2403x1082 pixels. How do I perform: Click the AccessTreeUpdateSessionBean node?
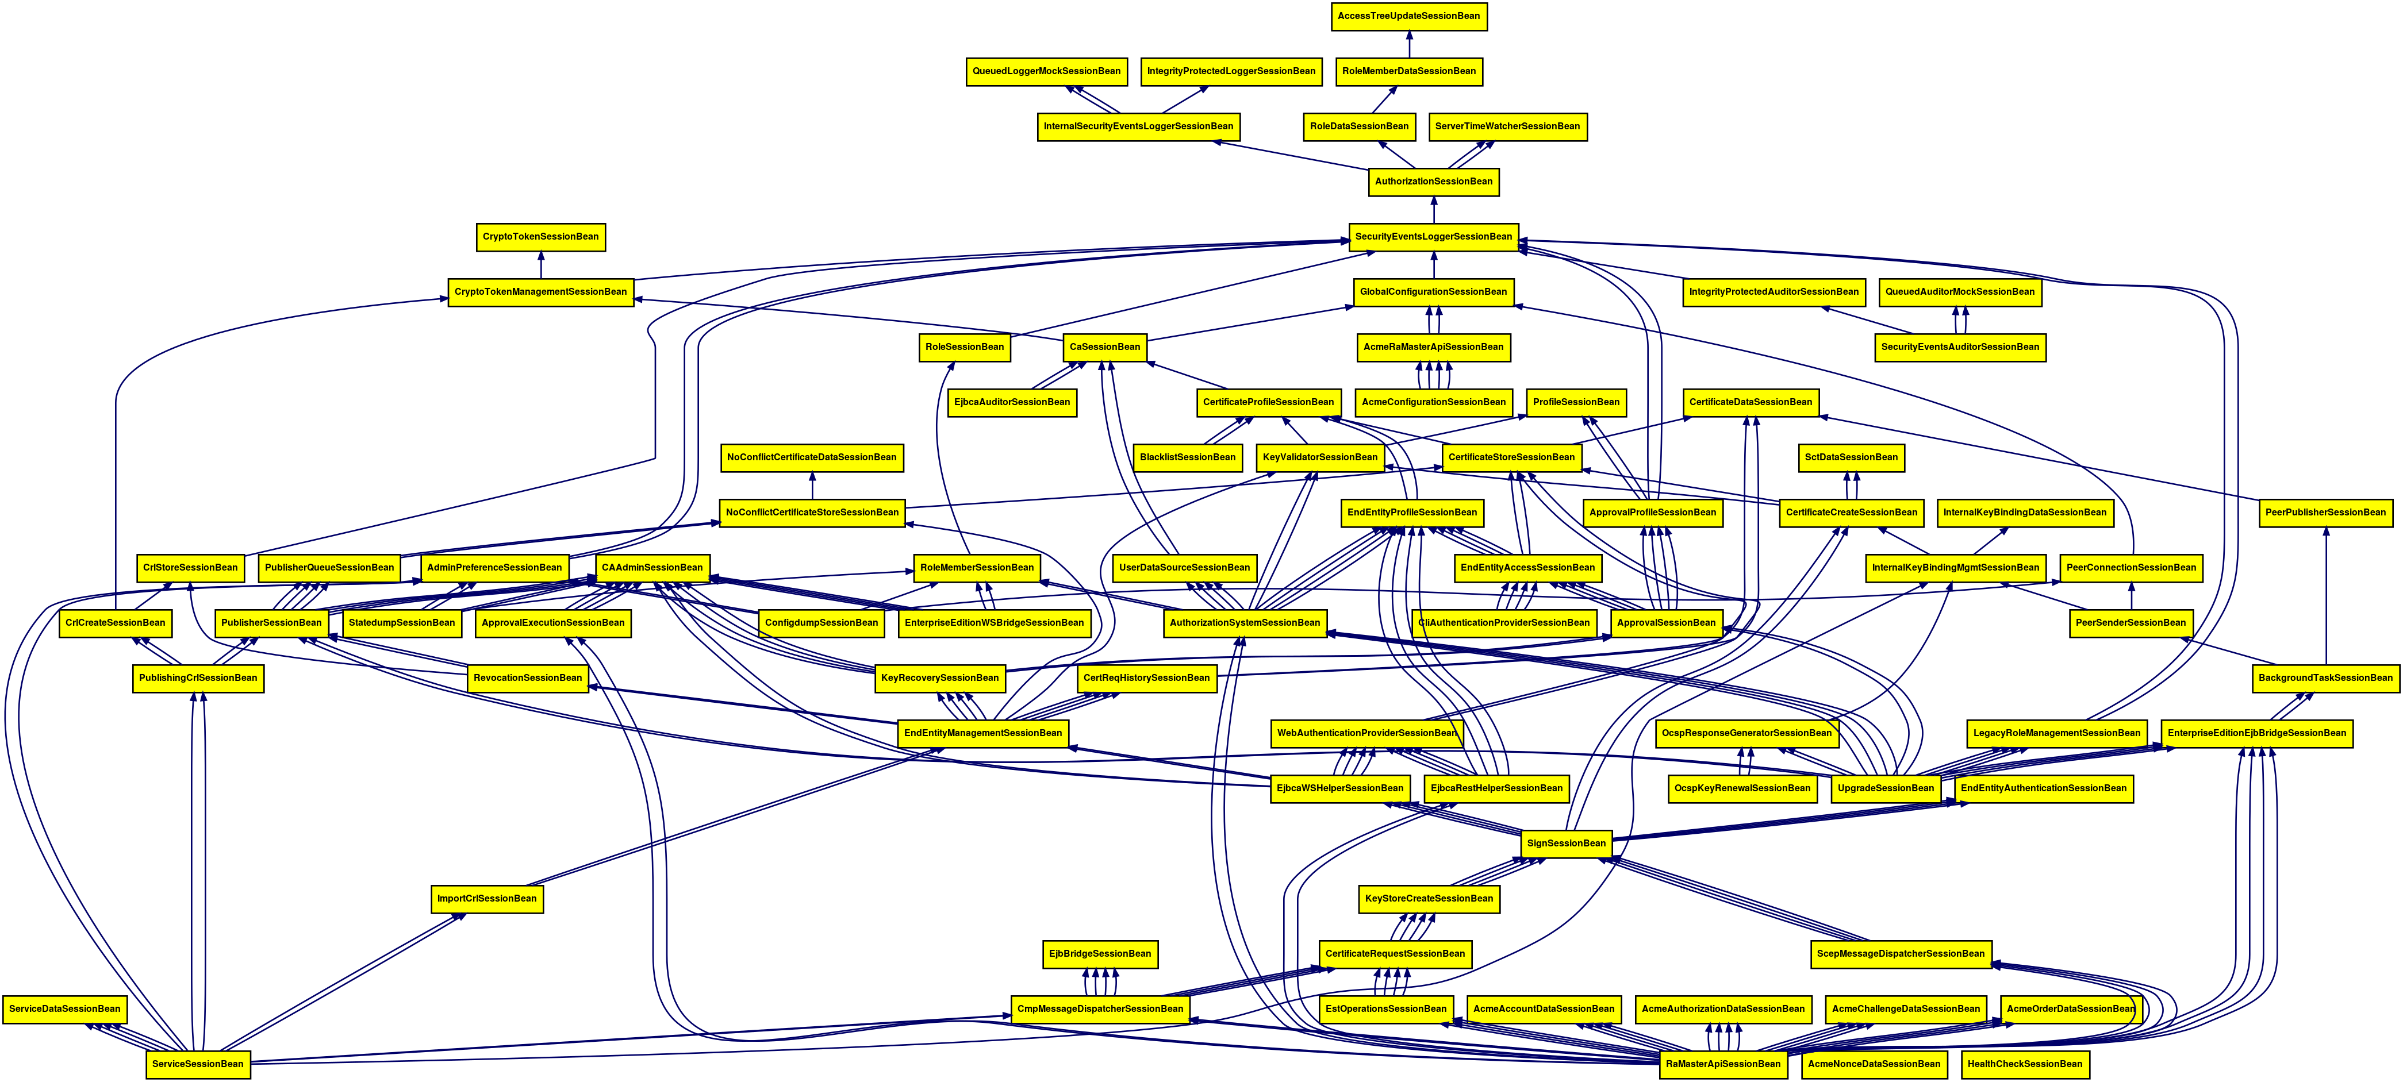coord(1408,16)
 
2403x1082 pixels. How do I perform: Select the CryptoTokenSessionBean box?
coord(540,237)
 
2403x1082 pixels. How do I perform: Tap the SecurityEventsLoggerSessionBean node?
coord(1433,237)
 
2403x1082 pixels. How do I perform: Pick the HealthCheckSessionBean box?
coord(2024,1064)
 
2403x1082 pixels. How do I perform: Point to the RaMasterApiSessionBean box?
coord(1723,1064)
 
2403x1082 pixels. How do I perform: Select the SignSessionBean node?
coord(1566,843)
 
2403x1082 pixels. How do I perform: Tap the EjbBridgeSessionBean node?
coord(1100,954)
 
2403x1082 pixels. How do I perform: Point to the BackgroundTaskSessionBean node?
coord(2325,678)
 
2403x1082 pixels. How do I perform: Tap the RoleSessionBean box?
coord(965,348)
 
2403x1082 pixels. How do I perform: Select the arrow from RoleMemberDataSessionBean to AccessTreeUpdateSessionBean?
coord(1408,44)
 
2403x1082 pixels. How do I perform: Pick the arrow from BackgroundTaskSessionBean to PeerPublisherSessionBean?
coord(2325,597)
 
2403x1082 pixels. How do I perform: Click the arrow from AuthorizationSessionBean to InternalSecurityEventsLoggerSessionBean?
coord(1292,154)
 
